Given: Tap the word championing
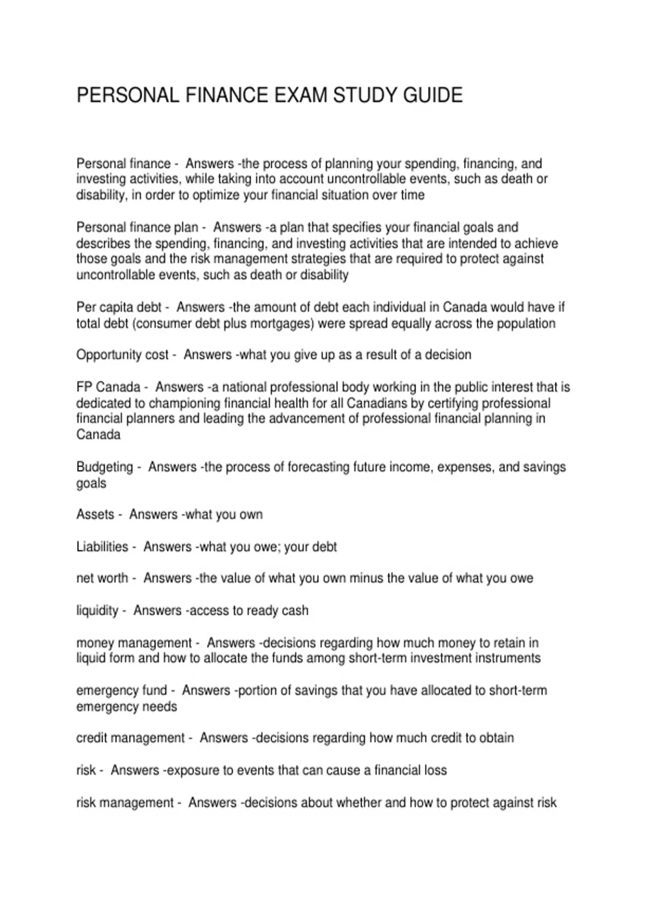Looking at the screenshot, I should click(184, 403).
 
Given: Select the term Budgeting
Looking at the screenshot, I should click(104, 467).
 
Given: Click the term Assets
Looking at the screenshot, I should click(95, 515).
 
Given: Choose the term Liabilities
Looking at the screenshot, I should click(102, 547).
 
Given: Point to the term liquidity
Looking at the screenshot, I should click(97, 611).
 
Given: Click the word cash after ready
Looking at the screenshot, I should click(295, 611).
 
